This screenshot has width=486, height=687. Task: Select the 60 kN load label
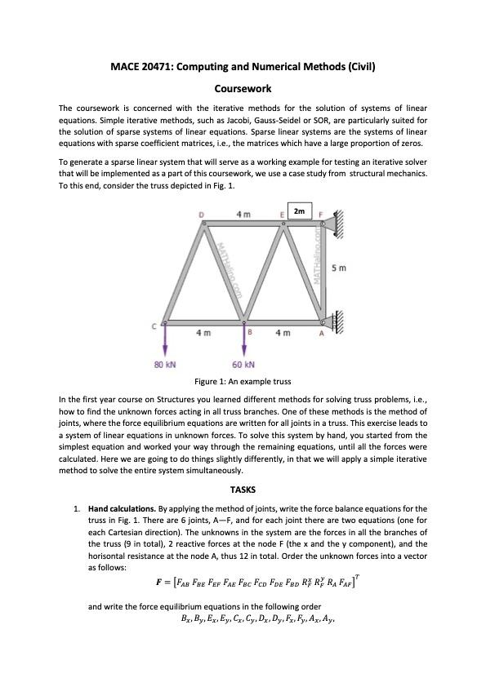point(243,364)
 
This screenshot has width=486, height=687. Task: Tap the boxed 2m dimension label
point(300,211)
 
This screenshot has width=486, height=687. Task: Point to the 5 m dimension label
point(340,268)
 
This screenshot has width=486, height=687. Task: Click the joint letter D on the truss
point(201,215)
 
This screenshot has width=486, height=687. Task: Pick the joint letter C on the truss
point(153,326)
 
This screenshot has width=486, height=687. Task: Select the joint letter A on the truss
point(321,333)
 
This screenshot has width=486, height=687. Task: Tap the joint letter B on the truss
point(249,333)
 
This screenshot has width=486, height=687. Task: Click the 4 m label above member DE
point(243,214)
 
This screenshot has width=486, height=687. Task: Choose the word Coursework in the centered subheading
point(243,87)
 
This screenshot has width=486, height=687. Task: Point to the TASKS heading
point(243,490)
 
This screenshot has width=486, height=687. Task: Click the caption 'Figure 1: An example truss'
point(243,381)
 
